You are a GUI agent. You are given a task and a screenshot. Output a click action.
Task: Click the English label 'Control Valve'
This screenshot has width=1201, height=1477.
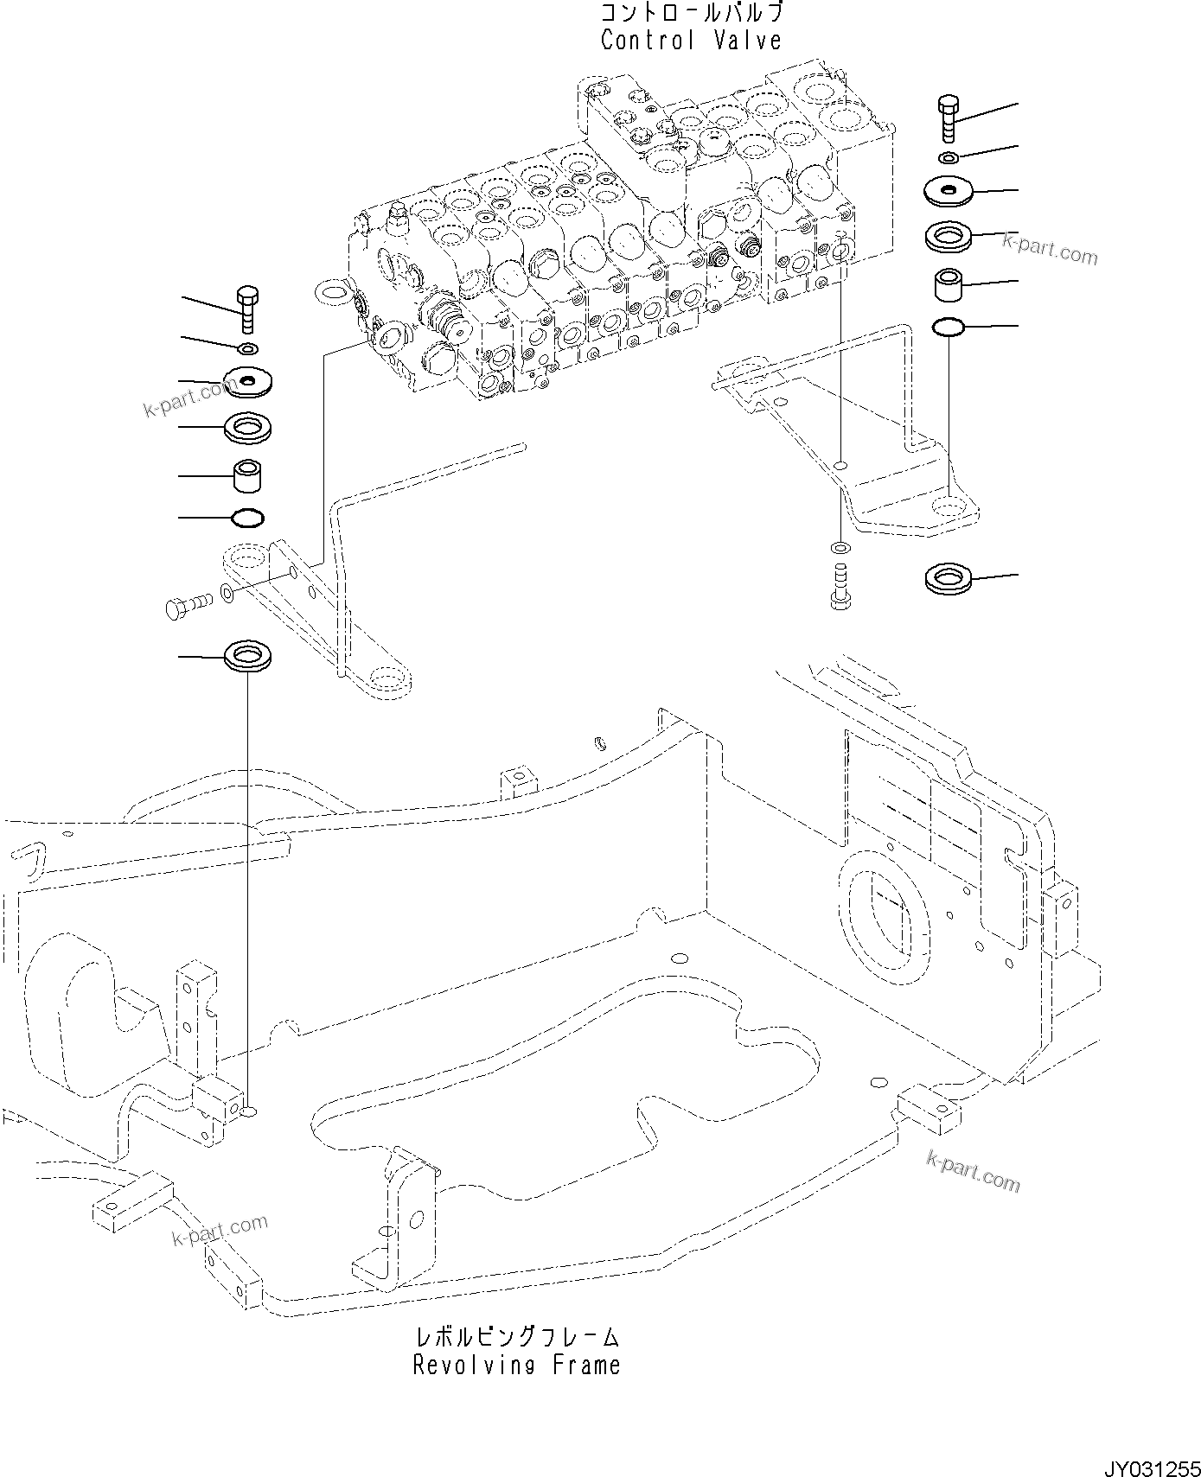(x=691, y=40)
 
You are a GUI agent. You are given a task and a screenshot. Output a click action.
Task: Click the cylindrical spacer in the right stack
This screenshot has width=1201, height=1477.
(x=948, y=285)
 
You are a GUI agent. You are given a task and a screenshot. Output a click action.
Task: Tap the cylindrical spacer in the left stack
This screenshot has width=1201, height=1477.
(x=247, y=475)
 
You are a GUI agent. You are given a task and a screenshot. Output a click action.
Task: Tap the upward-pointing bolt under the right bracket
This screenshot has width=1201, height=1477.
(x=839, y=586)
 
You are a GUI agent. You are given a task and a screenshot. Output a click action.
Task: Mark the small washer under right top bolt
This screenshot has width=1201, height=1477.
(x=949, y=157)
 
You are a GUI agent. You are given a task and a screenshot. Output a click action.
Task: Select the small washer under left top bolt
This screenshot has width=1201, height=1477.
(x=247, y=348)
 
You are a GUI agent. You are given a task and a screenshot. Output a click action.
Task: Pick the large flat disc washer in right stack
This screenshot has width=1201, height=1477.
(x=948, y=190)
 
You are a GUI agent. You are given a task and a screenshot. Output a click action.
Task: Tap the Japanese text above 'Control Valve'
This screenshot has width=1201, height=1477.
(x=691, y=13)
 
